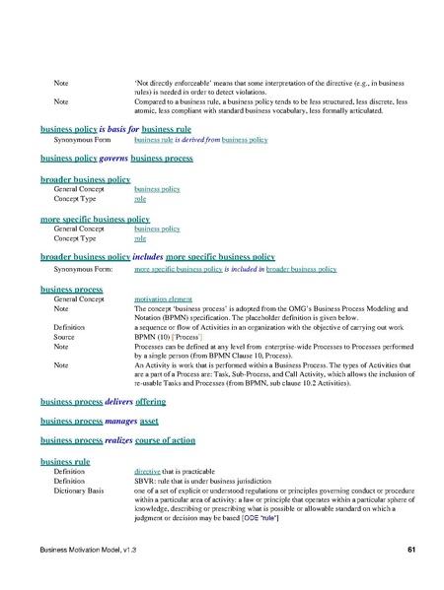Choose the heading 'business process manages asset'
coord(97,422)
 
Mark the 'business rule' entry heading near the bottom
coord(65,460)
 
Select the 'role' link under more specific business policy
coord(140,237)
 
